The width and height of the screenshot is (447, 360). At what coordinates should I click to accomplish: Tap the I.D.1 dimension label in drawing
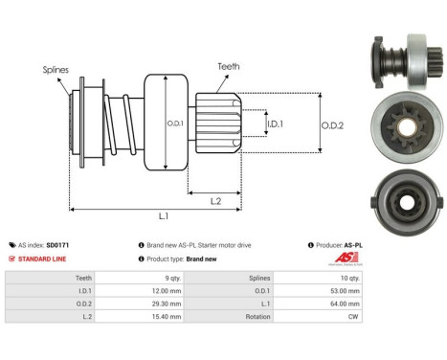pos(276,124)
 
